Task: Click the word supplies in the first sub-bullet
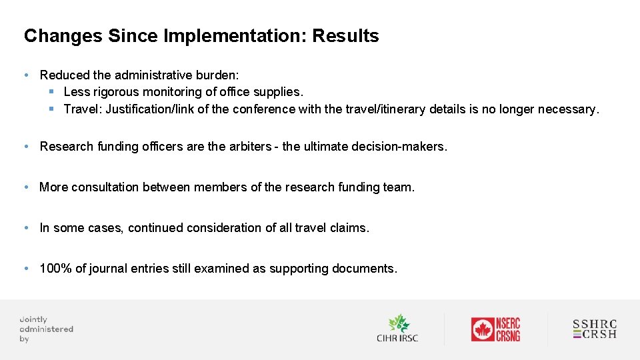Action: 279,91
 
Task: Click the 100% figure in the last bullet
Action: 53,269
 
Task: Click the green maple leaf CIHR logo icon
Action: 399,323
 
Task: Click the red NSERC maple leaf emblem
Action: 482,329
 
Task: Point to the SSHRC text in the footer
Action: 595,325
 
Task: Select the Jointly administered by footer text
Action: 46,329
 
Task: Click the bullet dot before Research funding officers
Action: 25,146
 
